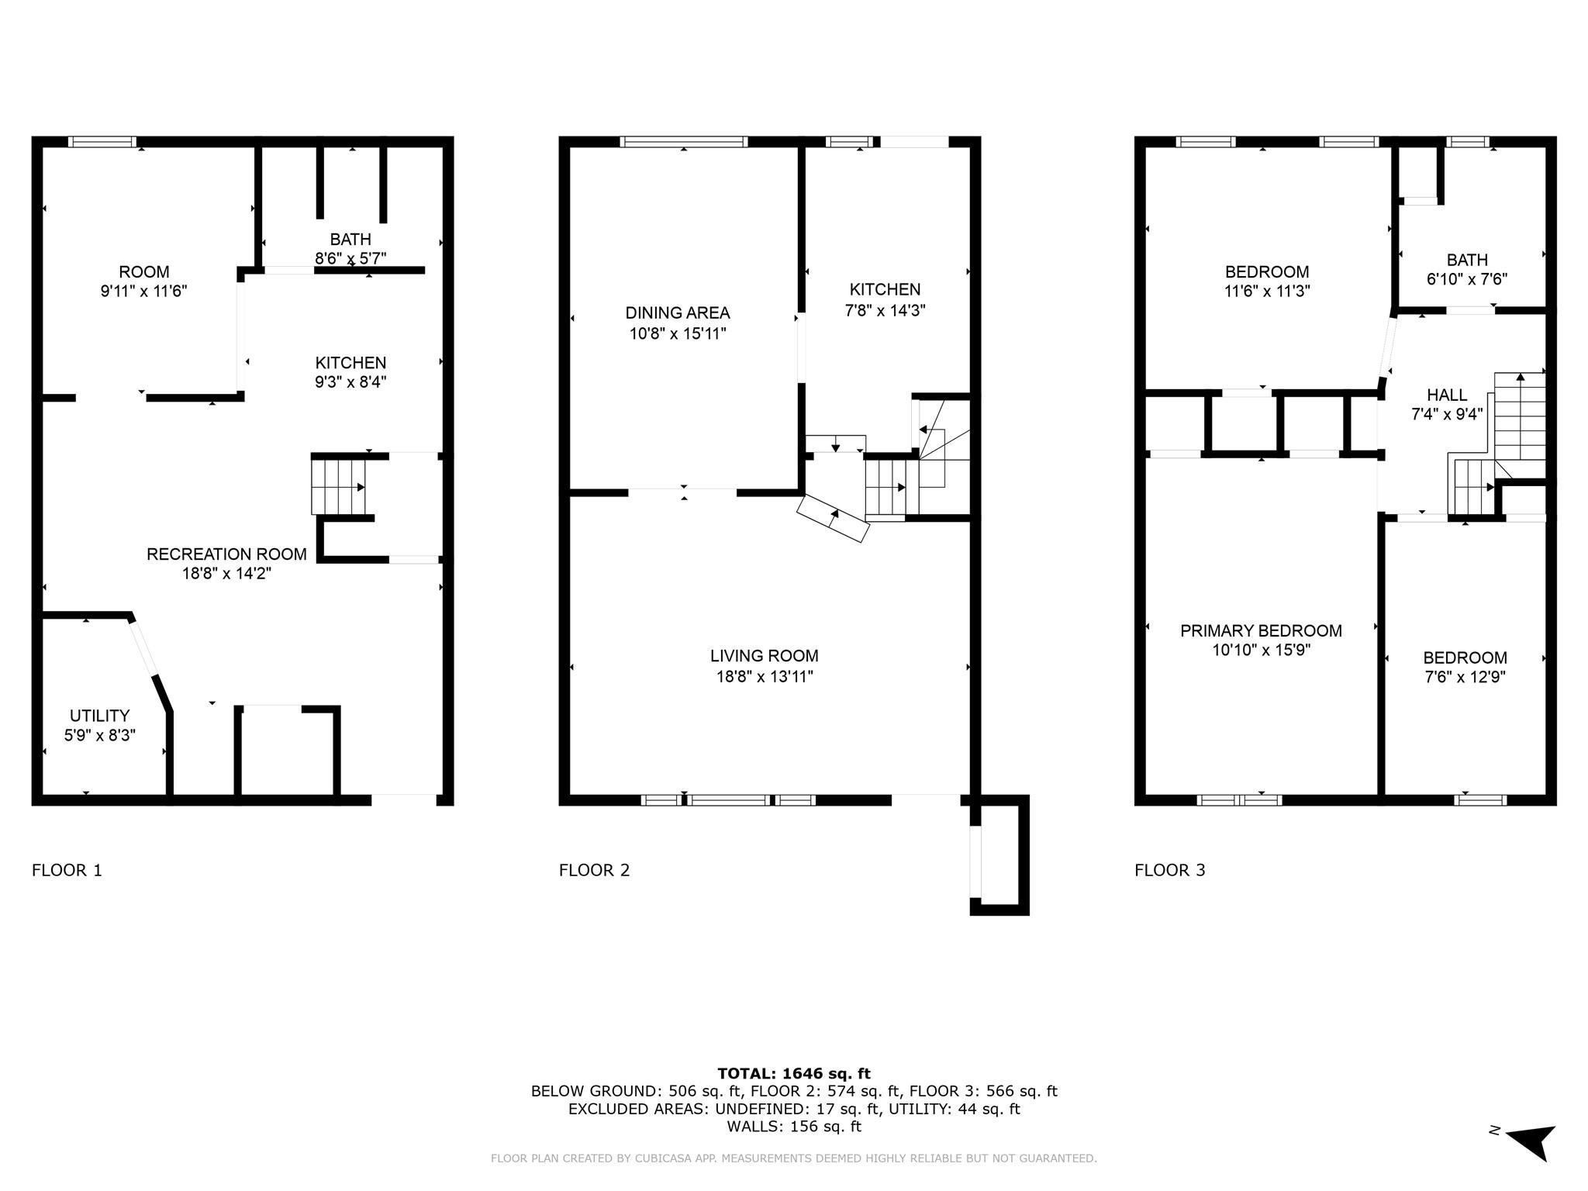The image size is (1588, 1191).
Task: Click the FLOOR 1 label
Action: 67,870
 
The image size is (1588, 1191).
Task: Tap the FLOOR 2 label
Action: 594,870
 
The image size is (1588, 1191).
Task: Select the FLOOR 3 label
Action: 1169,870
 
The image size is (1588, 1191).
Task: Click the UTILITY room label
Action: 99,716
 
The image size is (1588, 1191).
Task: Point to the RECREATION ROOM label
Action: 226,554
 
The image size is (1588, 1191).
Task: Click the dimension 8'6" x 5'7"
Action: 350,258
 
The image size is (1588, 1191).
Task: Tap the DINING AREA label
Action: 677,313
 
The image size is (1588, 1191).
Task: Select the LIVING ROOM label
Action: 764,656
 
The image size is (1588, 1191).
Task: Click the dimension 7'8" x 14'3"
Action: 885,310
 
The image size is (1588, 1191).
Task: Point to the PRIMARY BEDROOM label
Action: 1261,631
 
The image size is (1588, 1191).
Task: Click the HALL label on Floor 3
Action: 1446,395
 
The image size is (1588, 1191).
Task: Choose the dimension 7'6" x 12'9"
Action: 1465,677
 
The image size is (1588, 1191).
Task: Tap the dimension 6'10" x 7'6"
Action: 1466,279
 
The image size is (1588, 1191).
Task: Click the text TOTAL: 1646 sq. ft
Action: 794,1073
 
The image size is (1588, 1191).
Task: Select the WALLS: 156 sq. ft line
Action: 794,1127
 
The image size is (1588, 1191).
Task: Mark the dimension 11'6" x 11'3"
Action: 1266,292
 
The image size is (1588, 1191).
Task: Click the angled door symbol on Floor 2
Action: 833,517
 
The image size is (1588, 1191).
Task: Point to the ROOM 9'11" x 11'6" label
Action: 144,281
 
